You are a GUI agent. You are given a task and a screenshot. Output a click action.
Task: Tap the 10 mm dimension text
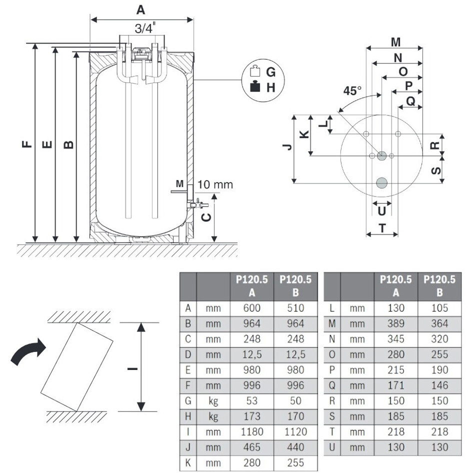[x=215, y=184]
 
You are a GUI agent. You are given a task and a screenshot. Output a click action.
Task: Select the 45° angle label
[x=352, y=91]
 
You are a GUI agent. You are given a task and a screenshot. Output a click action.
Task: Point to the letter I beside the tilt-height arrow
[x=132, y=368]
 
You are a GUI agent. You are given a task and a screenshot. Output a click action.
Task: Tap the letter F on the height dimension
[x=26, y=145]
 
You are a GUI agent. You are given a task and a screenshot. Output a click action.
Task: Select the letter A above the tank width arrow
[x=142, y=9]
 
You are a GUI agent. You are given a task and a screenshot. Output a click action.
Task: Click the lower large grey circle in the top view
[x=382, y=182]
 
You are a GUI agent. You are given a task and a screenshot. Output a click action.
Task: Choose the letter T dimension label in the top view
[x=382, y=228]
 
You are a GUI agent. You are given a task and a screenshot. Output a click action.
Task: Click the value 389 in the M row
[x=396, y=323]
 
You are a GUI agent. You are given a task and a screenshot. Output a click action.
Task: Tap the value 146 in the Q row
[x=439, y=385]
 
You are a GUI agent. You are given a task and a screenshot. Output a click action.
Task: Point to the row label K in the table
[x=188, y=463]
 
